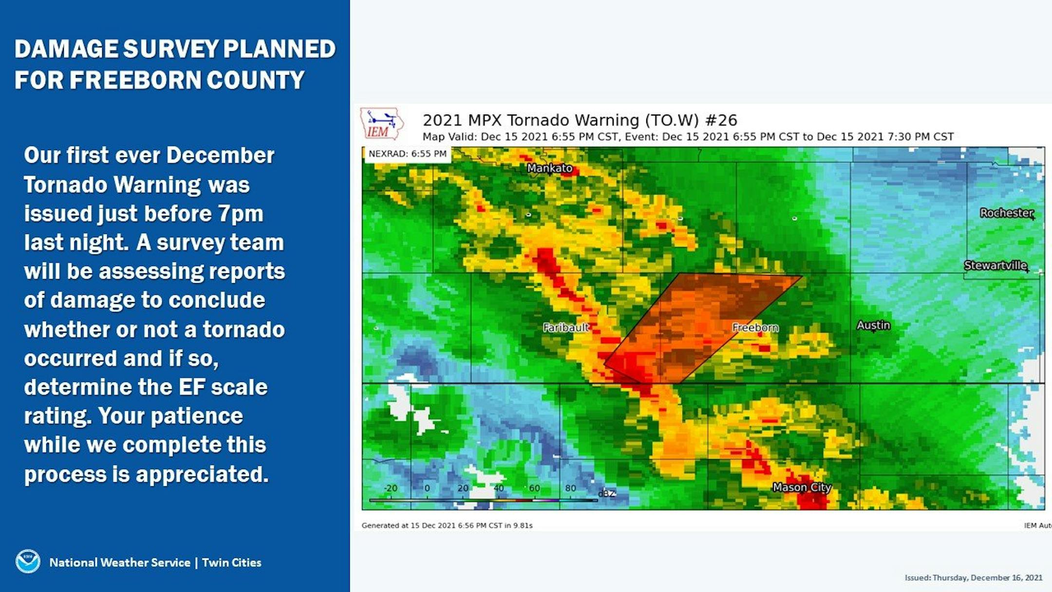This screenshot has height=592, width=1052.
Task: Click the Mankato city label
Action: (550, 168)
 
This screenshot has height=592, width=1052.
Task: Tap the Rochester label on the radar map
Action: (1007, 213)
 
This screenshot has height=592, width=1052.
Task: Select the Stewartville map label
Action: (996, 266)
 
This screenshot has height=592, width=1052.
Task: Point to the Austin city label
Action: (873, 325)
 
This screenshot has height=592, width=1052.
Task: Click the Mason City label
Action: (802, 487)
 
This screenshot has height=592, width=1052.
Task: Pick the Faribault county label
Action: (566, 327)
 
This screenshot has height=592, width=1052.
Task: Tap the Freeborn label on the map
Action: (755, 327)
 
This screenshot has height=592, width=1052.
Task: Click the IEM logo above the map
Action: (382, 124)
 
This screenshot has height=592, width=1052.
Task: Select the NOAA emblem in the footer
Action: (28, 562)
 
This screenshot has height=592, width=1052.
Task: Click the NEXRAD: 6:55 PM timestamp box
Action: (408, 154)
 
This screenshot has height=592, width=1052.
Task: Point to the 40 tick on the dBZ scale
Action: (499, 488)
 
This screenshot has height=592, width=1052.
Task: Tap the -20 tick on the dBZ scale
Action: (391, 488)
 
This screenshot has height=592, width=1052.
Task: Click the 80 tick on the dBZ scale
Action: (570, 488)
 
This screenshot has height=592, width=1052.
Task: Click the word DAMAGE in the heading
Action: (66, 49)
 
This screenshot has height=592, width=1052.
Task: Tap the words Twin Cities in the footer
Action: (231, 562)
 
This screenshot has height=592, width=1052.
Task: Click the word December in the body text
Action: (220, 155)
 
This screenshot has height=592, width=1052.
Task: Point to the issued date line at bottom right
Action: (974, 577)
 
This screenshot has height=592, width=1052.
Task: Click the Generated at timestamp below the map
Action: (447, 525)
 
